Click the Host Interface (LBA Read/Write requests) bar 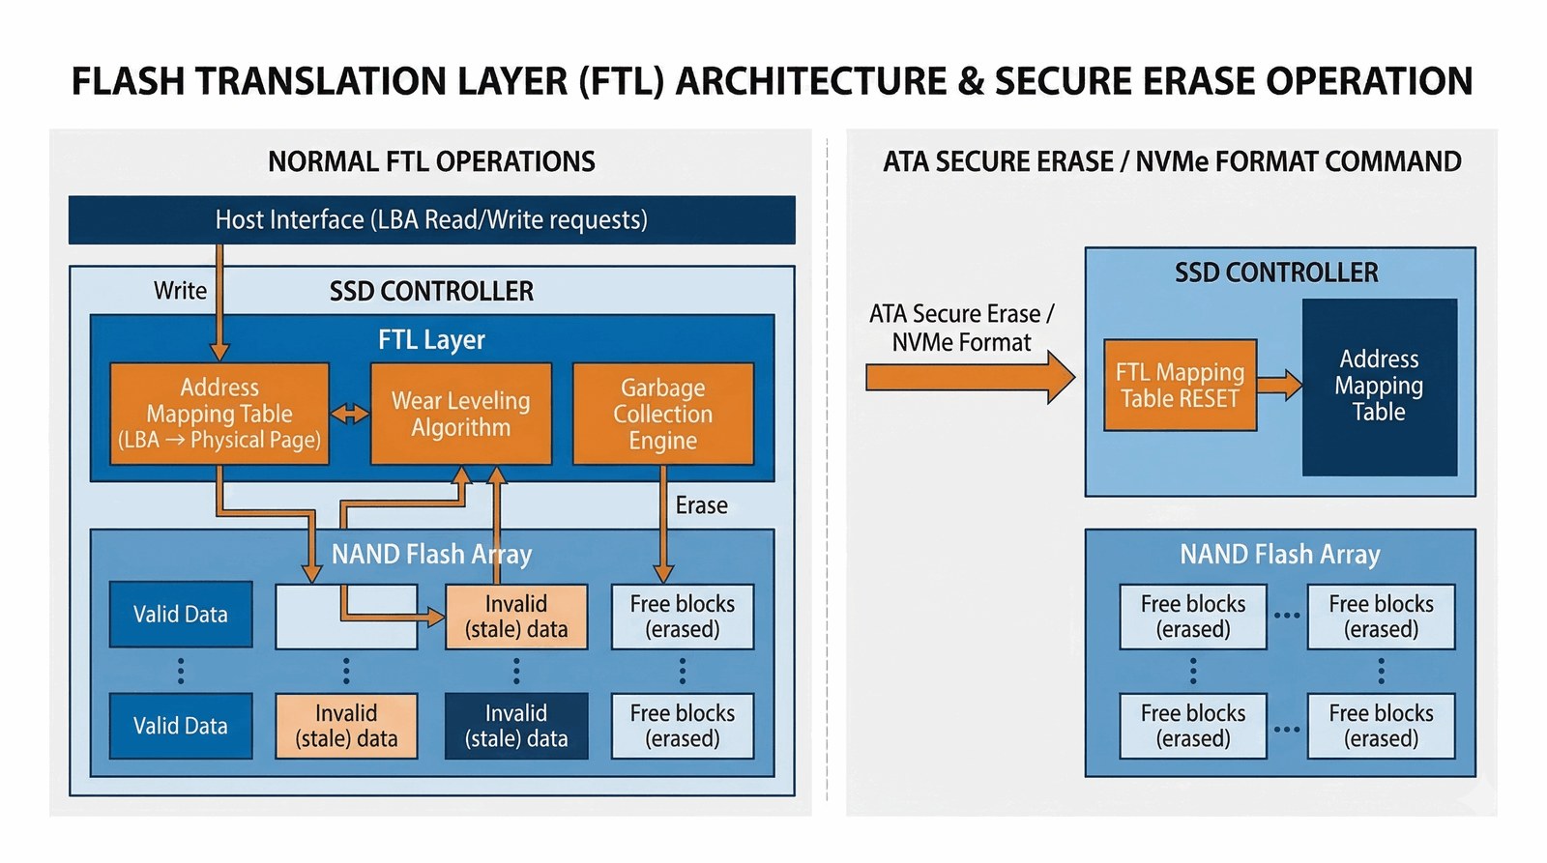click(x=431, y=220)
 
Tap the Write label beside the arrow click(x=180, y=291)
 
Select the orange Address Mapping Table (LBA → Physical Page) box click(x=219, y=414)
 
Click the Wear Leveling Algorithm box click(x=461, y=414)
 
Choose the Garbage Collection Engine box click(x=662, y=414)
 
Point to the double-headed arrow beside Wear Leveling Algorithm click(x=350, y=415)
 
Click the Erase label click(x=701, y=505)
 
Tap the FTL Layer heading click(x=431, y=340)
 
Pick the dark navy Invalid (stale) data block click(x=516, y=726)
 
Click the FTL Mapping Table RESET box click(x=1180, y=386)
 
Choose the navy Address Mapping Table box click(x=1379, y=387)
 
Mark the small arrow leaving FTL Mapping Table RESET click(x=1279, y=385)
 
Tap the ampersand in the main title click(x=970, y=82)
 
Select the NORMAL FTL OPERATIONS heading click(x=431, y=161)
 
